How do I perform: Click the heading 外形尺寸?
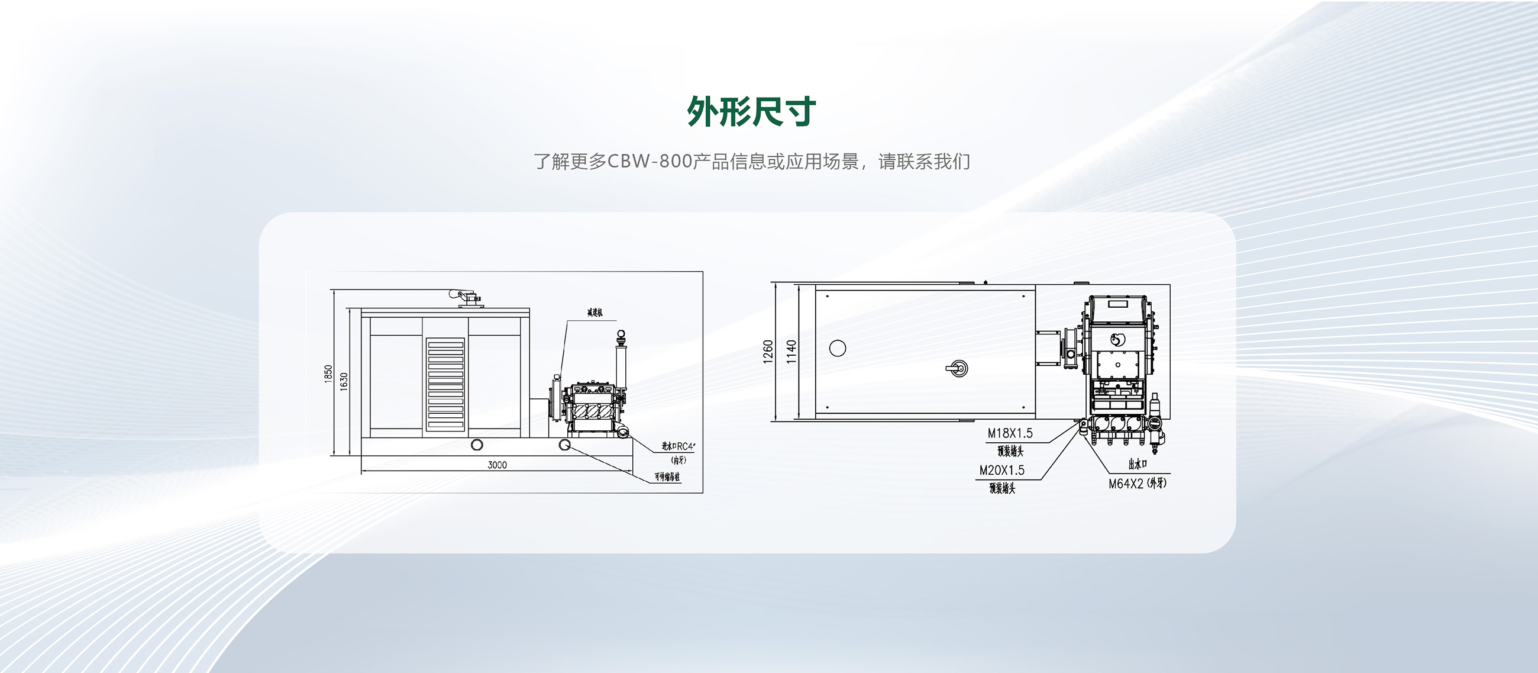pyautogui.click(x=751, y=112)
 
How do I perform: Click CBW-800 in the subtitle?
pyautogui.click(x=650, y=162)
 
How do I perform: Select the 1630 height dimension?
pyautogui.click(x=343, y=381)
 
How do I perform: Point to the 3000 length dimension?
pyautogui.click(x=497, y=465)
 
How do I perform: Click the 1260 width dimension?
pyautogui.click(x=768, y=351)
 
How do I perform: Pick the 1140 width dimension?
pyautogui.click(x=791, y=351)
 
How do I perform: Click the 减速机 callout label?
pyautogui.click(x=594, y=313)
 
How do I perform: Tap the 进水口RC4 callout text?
pyautogui.click(x=678, y=446)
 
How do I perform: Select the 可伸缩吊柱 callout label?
pyautogui.click(x=667, y=476)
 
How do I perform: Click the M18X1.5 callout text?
pyautogui.click(x=1010, y=433)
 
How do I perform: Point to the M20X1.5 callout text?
pyautogui.click(x=1001, y=471)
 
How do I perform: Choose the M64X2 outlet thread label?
pyautogui.click(x=1137, y=484)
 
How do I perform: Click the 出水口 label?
pyautogui.click(x=1137, y=464)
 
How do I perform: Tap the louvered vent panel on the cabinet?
pyautogui.click(x=445, y=384)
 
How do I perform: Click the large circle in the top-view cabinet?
pyautogui.click(x=838, y=348)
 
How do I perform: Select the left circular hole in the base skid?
pyautogui.click(x=477, y=445)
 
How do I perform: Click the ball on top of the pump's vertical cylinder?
pyautogui.click(x=621, y=334)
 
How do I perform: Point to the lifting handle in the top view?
pyautogui.click(x=958, y=368)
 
